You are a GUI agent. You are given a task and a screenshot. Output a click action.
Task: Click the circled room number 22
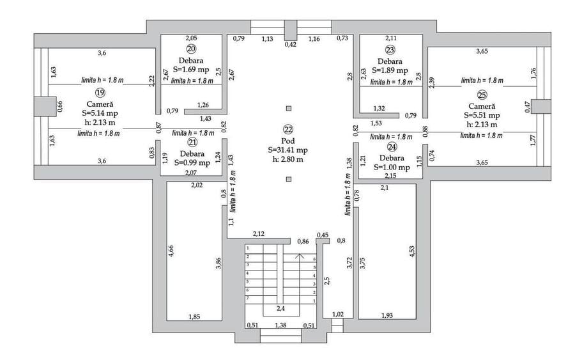coord(288,129)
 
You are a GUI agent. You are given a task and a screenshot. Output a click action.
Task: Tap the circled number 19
coord(100,93)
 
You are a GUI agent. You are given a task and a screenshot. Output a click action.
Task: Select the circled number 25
coord(482,95)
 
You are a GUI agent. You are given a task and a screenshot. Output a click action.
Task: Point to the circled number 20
coord(190,49)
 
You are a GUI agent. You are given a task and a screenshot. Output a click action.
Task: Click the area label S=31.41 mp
coord(288,150)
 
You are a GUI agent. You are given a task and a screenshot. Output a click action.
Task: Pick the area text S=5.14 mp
coord(100,113)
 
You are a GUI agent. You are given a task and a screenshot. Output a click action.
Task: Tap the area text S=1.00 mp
coord(392,168)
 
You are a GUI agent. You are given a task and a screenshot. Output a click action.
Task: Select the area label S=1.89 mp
coord(390,70)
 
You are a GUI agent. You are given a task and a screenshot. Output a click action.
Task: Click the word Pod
coord(288,141)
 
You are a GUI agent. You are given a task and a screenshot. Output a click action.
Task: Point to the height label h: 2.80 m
coord(288,159)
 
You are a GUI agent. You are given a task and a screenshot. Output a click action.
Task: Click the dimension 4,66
coord(171,251)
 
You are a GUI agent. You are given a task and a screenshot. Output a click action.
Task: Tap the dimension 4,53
coord(412,251)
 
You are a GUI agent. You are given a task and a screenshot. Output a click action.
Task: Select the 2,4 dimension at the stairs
coord(280,309)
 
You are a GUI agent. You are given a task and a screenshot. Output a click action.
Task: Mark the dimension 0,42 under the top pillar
coord(291,44)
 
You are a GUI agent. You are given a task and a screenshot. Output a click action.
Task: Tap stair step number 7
coord(247,298)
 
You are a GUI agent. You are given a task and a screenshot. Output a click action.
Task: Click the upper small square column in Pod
coord(289,108)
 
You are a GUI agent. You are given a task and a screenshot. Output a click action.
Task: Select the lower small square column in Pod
coord(289,179)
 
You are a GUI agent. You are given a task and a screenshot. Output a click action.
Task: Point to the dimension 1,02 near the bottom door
coord(338,314)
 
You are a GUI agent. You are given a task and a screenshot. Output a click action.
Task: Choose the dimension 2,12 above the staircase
coord(259,234)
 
